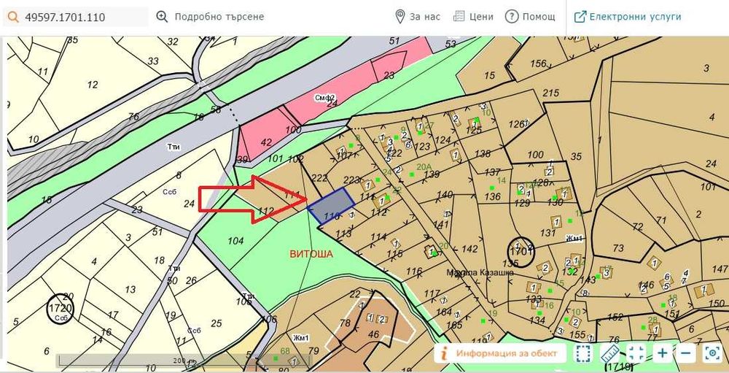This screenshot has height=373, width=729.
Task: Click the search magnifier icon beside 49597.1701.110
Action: [12, 16]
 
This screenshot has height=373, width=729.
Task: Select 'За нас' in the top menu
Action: [418, 16]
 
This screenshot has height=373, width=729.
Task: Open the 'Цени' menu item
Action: [473, 16]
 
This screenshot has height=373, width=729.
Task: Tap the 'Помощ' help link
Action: [531, 16]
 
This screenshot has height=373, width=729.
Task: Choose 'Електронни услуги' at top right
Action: [628, 16]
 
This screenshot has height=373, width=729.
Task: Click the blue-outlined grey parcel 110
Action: [332, 206]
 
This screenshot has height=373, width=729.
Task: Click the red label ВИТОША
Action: [311, 255]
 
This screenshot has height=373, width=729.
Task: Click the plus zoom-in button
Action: [662, 353]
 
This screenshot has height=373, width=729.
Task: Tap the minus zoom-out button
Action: [686, 353]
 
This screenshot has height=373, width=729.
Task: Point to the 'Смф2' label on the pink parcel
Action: [324, 98]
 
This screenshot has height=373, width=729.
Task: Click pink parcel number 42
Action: [265, 142]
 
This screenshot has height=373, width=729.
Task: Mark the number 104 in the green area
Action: [235, 240]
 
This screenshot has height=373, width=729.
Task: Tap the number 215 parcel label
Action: [550, 93]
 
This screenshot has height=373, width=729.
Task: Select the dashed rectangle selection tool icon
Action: [582, 353]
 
